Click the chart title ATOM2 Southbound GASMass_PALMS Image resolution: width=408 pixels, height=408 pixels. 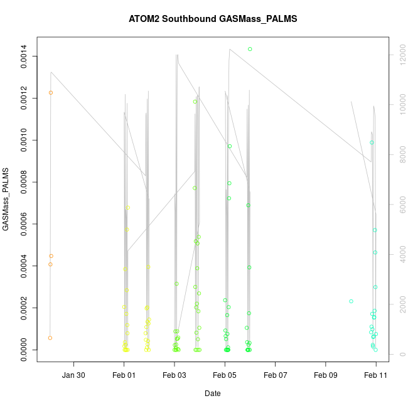(x=212, y=19)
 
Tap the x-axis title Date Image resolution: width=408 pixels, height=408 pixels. (x=212, y=394)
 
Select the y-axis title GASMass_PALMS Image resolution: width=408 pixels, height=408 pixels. (x=6, y=199)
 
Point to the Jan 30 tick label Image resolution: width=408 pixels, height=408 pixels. (x=74, y=375)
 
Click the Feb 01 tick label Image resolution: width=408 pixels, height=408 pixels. (x=124, y=375)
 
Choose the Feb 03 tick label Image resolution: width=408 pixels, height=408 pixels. (x=174, y=375)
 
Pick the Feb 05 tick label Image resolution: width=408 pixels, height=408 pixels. (x=225, y=375)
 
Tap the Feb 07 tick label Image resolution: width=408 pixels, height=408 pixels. (x=276, y=375)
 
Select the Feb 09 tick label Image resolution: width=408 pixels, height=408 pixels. (x=326, y=375)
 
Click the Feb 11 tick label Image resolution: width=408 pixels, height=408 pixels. (x=376, y=375)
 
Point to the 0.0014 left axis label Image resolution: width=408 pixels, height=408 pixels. (x=24, y=56)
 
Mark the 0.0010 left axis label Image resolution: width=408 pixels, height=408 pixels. (x=24, y=141)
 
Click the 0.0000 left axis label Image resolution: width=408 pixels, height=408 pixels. (x=24, y=350)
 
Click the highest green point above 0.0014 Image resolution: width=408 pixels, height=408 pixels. (x=250, y=49)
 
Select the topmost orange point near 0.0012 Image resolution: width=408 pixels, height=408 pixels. (x=51, y=93)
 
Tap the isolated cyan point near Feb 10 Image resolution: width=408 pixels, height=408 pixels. (x=351, y=301)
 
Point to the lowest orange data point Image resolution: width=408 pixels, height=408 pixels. (x=50, y=338)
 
